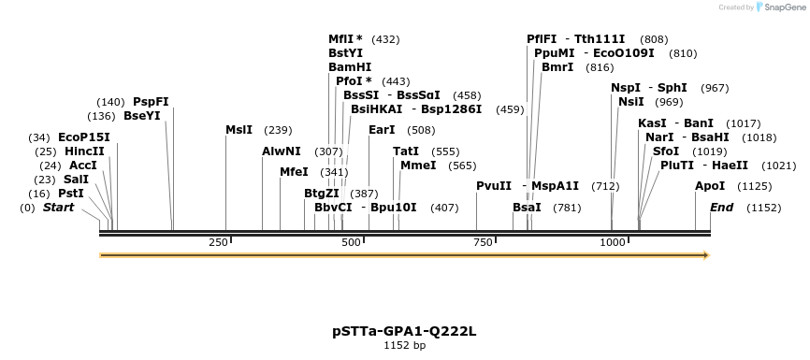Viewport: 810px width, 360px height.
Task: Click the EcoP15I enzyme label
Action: click(83, 137)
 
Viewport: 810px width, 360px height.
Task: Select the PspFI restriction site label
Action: click(151, 102)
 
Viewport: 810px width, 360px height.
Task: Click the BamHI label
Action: click(350, 67)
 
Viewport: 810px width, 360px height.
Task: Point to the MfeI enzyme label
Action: click(294, 172)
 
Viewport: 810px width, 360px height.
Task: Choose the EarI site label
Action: click(382, 130)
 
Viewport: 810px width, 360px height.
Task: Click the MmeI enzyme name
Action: click(418, 166)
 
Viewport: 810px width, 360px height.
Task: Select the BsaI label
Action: click(527, 208)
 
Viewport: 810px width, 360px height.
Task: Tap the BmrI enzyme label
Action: click(557, 67)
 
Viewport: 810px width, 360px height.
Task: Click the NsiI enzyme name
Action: click(631, 102)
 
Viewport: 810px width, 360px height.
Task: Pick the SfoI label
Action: click(665, 151)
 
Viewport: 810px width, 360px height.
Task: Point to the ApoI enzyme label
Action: click(710, 186)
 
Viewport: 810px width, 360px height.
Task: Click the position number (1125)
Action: click(755, 186)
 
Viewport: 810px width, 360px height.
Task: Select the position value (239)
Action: click(279, 130)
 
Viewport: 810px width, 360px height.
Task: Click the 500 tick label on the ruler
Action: click(352, 242)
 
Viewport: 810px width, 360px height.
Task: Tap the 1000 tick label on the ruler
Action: click(613, 242)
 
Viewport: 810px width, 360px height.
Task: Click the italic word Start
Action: click(58, 208)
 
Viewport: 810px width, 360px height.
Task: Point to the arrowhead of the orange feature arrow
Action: click(706, 255)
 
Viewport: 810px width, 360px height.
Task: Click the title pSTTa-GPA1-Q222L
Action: click(404, 331)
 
